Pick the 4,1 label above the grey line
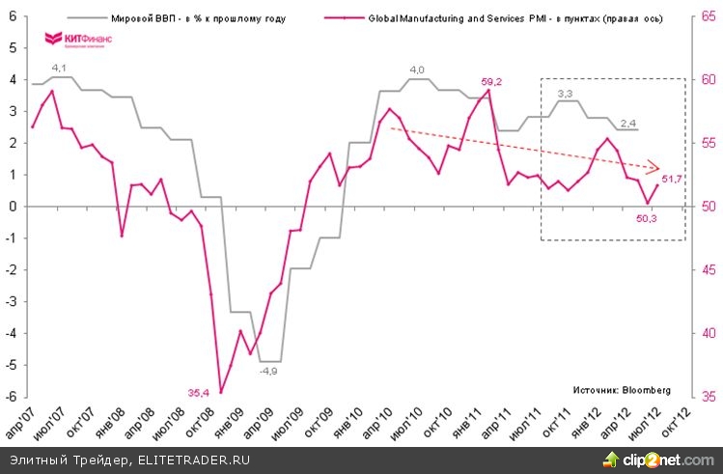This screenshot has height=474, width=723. [x=60, y=68]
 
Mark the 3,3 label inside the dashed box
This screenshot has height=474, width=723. [x=566, y=93]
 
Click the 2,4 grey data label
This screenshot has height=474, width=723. [x=627, y=122]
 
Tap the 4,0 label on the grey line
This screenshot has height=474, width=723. [x=417, y=70]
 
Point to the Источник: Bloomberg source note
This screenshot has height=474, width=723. [x=620, y=391]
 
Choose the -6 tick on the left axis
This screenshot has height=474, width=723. [x=12, y=397]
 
